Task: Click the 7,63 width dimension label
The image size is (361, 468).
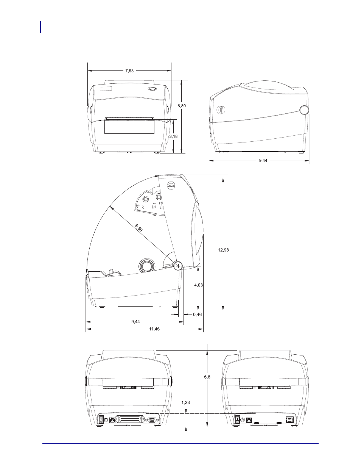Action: pos(129,70)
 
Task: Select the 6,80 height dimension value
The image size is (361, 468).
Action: pos(182,106)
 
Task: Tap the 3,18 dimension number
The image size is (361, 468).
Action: pos(173,136)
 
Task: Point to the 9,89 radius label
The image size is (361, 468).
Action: pos(139,228)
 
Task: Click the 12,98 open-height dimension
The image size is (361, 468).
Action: pos(223,250)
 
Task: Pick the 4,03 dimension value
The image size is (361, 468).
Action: pos(198,285)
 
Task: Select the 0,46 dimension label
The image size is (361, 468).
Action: pos(198,315)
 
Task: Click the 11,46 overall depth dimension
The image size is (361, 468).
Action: pos(154,329)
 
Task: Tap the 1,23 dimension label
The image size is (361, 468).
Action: pos(185,402)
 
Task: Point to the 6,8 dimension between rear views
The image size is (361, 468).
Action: pos(207,377)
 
